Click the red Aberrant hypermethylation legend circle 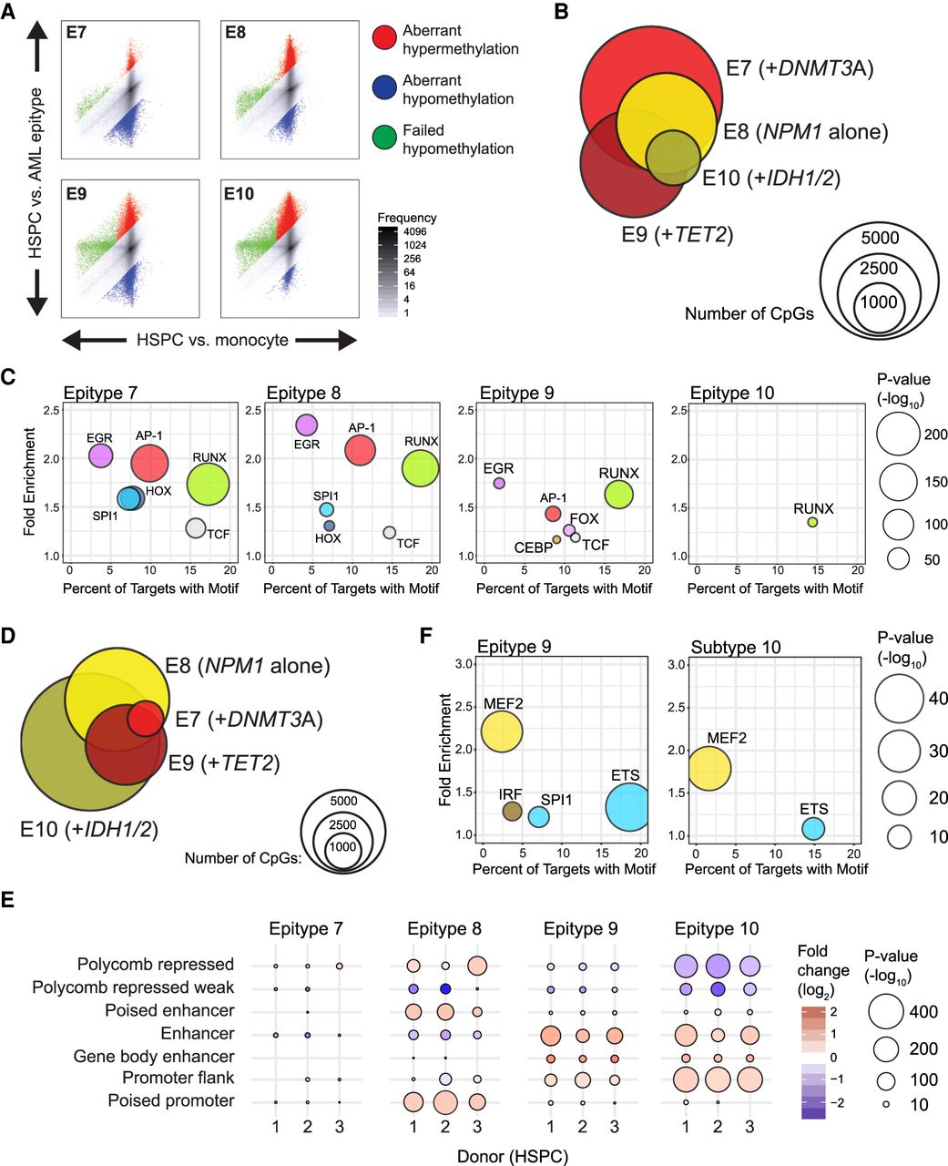click(x=385, y=38)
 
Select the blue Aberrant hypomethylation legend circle click(x=385, y=89)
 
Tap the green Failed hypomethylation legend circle click(x=385, y=139)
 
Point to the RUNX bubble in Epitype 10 click(x=812, y=522)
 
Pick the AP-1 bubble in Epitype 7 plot click(x=149, y=463)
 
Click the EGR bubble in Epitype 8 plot click(x=306, y=424)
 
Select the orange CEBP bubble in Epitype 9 click(x=556, y=539)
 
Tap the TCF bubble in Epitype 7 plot click(x=195, y=527)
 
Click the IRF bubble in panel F click(x=512, y=812)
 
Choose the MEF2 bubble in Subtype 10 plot click(x=709, y=768)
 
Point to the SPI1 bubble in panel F click(x=539, y=816)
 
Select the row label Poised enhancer click(x=169, y=1010)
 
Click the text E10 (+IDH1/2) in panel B click(x=770, y=177)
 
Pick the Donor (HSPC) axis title click(x=512, y=1156)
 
